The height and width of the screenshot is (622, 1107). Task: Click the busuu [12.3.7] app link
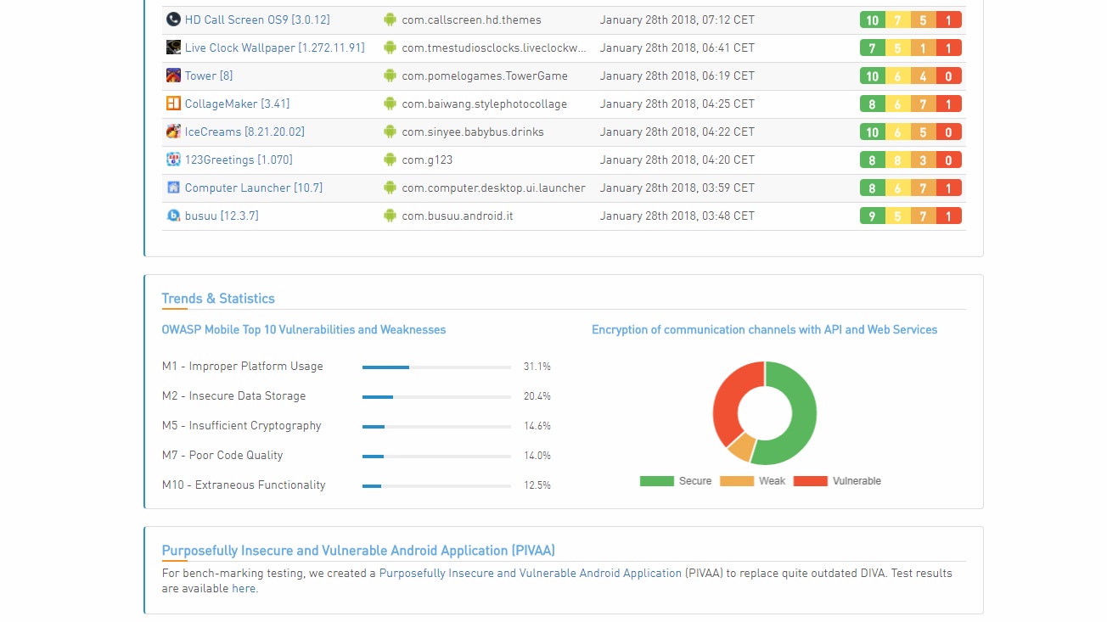[222, 216]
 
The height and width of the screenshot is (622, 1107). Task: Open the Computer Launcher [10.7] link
[253, 188]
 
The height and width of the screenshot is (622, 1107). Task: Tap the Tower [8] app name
[208, 76]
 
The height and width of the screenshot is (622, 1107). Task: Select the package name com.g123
[427, 160]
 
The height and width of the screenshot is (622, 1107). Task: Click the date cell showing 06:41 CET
[677, 48]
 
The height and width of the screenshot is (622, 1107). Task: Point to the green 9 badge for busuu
[872, 216]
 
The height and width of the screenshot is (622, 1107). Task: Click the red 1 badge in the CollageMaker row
[948, 104]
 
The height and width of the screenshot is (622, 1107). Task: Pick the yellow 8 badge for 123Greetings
[897, 160]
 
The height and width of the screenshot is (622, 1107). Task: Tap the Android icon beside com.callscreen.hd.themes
[390, 20]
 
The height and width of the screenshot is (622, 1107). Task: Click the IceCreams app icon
[173, 132]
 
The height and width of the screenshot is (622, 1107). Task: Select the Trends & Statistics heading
[218, 299]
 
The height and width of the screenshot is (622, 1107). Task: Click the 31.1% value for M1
[537, 367]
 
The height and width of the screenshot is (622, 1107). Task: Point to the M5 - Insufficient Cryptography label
[242, 426]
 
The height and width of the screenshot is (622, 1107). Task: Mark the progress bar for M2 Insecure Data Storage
[436, 396]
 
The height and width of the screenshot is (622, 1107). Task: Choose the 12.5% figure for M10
[537, 485]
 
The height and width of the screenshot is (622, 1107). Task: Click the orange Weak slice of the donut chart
[740, 446]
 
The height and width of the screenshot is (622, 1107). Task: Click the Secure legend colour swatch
[656, 481]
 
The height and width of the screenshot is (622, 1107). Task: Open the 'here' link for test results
[244, 589]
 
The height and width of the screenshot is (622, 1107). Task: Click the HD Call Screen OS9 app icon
[173, 20]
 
